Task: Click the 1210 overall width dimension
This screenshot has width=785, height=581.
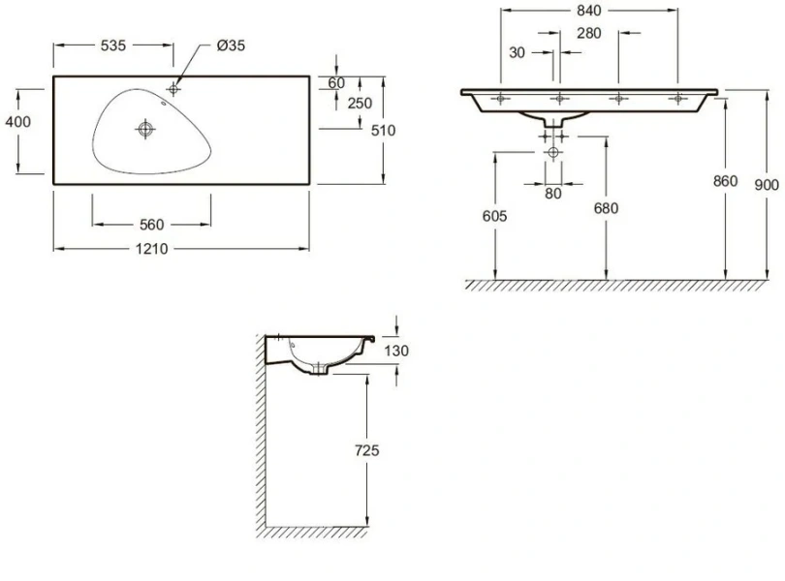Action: click(152, 249)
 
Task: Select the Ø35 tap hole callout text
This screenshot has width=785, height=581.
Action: click(232, 46)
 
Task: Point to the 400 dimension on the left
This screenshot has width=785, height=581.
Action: click(17, 122)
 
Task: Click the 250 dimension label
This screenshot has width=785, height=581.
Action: click(361, 105)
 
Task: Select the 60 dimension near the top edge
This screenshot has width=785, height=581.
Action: click(337, 83)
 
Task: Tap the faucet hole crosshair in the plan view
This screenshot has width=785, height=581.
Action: click(173, 89)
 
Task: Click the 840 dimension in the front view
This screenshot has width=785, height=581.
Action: click(588, 11)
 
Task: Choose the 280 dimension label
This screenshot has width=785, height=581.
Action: click(588, 33)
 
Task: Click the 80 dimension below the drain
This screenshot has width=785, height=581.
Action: click(552, 193)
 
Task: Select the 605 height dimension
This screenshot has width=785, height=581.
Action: click(494, 216)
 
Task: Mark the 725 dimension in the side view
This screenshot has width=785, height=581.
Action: click(366, 450)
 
